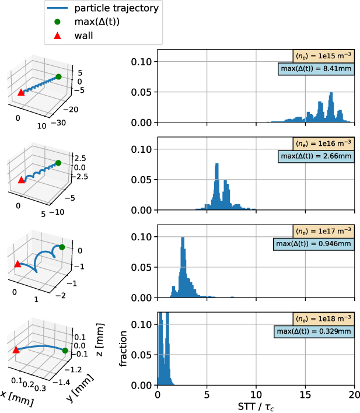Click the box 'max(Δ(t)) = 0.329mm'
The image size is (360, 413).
[313, 332]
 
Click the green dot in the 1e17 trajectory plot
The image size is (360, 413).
[61, 247]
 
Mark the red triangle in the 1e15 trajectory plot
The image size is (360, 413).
[21, 92]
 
